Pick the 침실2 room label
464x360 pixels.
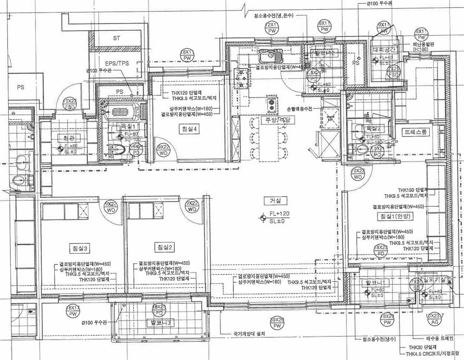(x=165, y=247)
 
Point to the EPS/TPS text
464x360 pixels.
(x=116, y=63)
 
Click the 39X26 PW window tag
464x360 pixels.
(x=278, y=323)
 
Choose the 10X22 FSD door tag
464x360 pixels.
(x=70, y=103)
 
